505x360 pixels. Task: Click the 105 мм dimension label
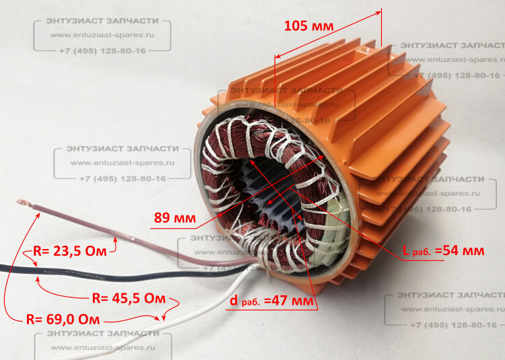309,26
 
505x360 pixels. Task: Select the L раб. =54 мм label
442,251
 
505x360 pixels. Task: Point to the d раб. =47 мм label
272,301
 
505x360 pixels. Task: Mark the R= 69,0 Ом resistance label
63,318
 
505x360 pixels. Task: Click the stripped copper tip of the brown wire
22,201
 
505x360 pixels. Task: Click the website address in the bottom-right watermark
444,310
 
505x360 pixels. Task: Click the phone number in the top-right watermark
458,75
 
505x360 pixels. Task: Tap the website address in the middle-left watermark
122,164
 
